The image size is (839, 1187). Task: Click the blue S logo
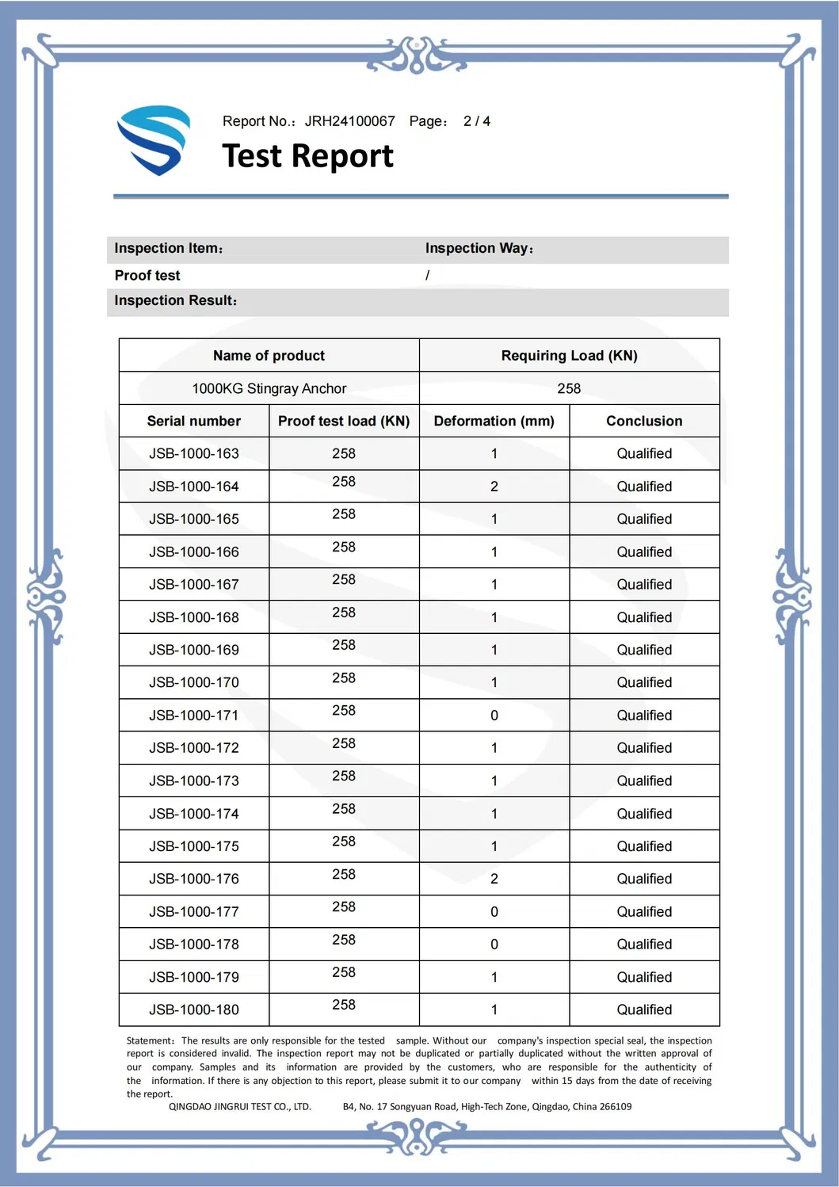click(x=154, y=139)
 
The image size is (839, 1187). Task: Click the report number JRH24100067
click(x=349, y=121)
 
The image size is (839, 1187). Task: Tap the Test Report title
click(x=307, y=156)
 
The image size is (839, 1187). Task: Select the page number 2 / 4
click(x=476, y=121)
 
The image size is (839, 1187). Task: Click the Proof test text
click(x=147, y=276)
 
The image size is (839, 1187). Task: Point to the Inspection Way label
click(x=479, y=248)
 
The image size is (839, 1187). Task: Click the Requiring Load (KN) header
click(x=569, y=356)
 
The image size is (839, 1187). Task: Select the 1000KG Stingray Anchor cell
click(x=269, y=388)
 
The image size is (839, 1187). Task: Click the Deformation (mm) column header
click(x=494, y=421)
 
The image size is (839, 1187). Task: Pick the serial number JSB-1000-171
click(x=193, y=716)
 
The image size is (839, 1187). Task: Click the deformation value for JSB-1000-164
click(x=494, y=487)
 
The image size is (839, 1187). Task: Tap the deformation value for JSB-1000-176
click(x=494, y=879)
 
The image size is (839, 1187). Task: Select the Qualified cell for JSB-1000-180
click(x=644, y=1010)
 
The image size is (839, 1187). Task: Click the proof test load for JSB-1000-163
click(x=343, y=453)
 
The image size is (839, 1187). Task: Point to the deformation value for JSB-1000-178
click(x=494, y=945)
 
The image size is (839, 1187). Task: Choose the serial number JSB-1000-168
click(x=193, y=617)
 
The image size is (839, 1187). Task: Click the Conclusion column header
click(x=644, y=421)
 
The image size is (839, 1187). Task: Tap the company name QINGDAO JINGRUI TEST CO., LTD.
click(x=239, y=1107)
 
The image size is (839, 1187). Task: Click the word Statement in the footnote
click(x=149, y=1040)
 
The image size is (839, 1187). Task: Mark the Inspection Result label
click(x=174, y=301)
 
